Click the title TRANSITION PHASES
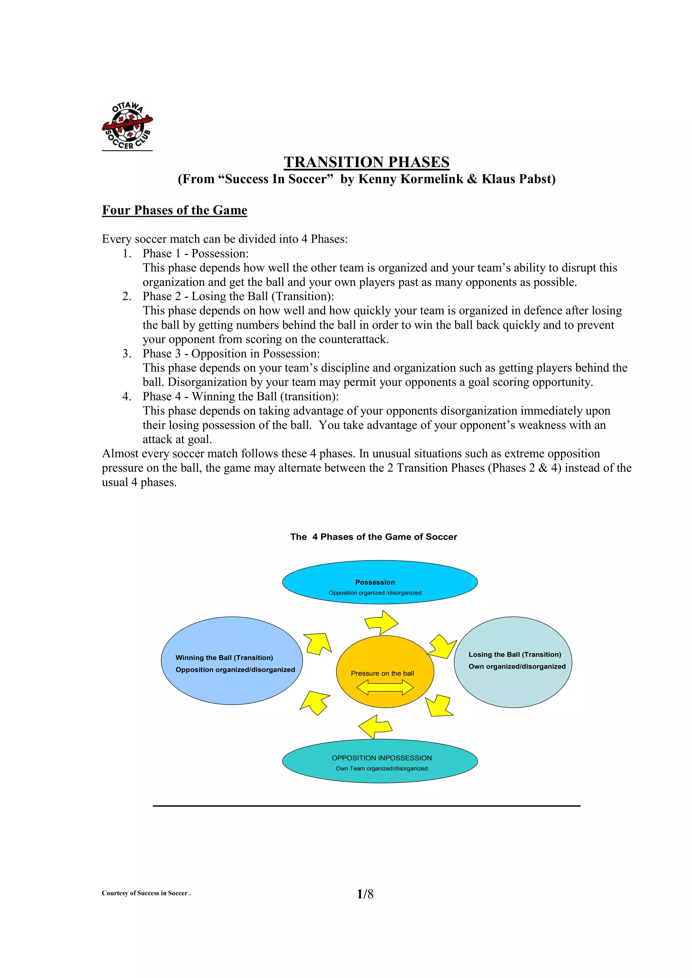tap(366, 162)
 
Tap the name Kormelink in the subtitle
tap(431, 179)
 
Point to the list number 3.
tap(127, 354)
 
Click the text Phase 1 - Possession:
tap(195, 253)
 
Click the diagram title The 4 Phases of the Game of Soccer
tap(373, 537)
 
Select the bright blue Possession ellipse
tap(379, 582)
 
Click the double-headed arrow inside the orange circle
tap(385, 687)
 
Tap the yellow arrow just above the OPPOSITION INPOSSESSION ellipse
tap(375, 726)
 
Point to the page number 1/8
tap(365, 894)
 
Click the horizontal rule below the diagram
tap(366, 806)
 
